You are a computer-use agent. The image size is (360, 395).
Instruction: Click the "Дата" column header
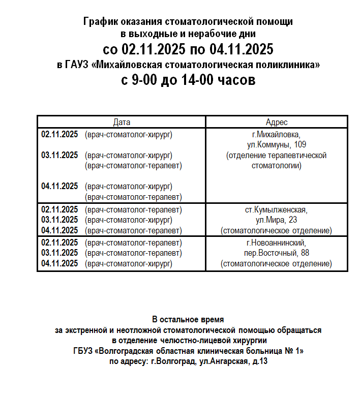[122, 122]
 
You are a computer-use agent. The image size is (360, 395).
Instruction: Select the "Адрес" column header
[277, 122]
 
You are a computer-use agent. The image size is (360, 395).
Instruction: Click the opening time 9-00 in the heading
[147, 80]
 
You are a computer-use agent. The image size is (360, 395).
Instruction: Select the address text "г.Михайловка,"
[277, 134]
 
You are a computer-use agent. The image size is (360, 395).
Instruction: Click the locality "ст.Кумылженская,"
[277, 209]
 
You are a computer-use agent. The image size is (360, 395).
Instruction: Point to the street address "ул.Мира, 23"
[277, 220]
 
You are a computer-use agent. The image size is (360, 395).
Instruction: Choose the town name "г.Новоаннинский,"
[277, 242]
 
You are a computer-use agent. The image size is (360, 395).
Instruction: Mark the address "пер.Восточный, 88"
[277, 253]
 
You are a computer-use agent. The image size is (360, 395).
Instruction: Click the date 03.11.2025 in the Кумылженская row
[59, 220]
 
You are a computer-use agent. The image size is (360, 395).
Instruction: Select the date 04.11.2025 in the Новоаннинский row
[59, 263]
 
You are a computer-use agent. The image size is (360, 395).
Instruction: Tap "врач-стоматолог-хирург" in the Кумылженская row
[129, 220]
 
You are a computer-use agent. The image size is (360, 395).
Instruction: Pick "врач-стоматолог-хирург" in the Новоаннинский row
[129, 263]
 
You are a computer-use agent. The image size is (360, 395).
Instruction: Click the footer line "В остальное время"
[188, 320]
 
